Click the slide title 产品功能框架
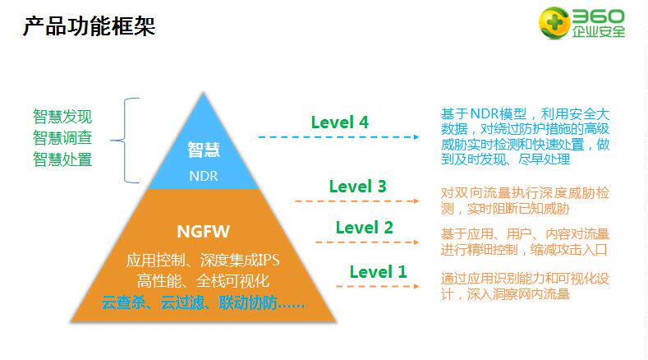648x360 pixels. point(89,26)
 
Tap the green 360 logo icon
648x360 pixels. point(555,23)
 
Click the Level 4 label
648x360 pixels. point(339,122)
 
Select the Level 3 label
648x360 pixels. point(357,187)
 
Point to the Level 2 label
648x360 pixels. point(364,228)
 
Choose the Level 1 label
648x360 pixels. point(378,271)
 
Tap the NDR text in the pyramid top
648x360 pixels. point(204,176)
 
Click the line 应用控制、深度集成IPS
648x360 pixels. point(203,261)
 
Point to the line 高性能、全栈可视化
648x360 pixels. point(203,282)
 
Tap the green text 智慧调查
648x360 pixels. point(62,137)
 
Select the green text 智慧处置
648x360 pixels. point(62,159)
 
